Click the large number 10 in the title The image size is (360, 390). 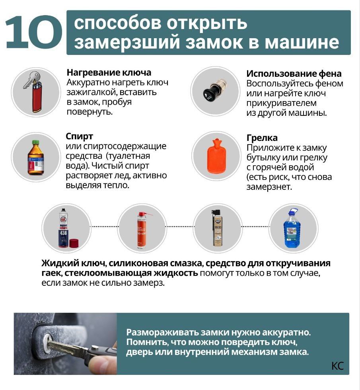[34, 32]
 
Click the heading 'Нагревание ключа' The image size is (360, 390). [109, 72]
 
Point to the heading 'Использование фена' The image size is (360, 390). [294, 74]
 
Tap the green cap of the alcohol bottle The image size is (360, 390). [36, 142]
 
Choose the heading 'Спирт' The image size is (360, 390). [79, 136]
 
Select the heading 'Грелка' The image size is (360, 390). [262, 138]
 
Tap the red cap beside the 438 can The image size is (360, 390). [74, 243]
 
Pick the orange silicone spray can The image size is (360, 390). [142, 230]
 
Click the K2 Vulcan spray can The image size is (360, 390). [217, 228]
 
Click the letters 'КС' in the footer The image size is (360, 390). [337, 366]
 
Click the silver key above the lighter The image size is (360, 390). [31, 80]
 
